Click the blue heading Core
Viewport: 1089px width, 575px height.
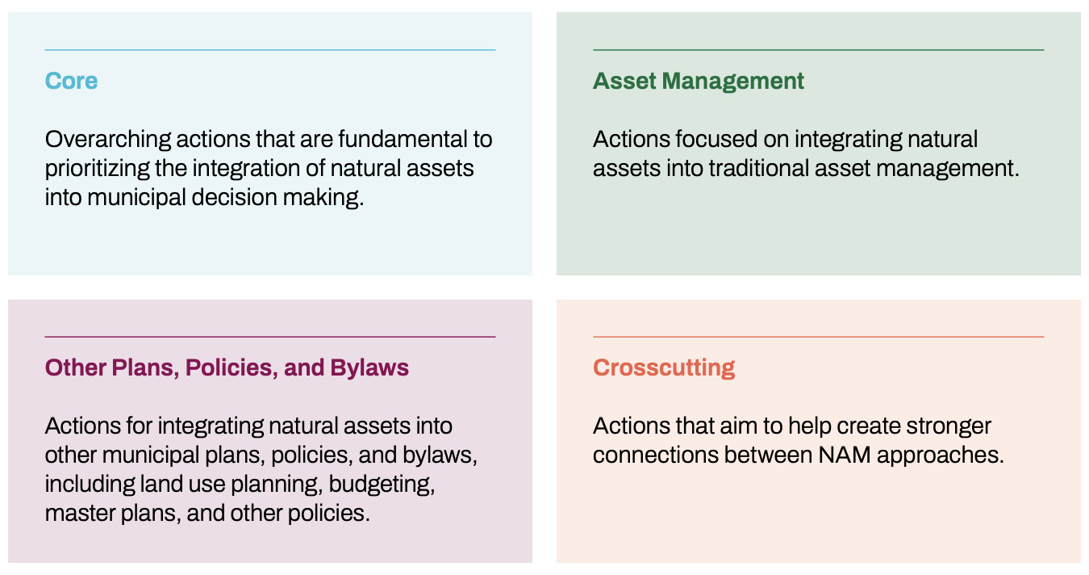click(x=71, y=81)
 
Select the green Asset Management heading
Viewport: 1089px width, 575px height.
click(x=698, y=82)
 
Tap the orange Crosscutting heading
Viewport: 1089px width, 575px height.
click(x=664, y=368)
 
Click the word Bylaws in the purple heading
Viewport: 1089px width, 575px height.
click(x=369, y=368)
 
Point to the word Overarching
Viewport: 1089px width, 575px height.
click(x=108, y=140)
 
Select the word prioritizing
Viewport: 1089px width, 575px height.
click(x=98, y=169)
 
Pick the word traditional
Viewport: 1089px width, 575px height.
click(x=758, y=169)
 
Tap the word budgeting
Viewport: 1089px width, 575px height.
click(x=382, y=485)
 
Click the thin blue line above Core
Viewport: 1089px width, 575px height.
click(x=269, y=49)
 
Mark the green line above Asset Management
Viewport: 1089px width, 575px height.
click(x=818, y=49)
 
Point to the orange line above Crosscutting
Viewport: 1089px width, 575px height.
click(x=818, y=337)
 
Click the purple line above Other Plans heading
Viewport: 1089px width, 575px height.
click(x=269, y=337)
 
